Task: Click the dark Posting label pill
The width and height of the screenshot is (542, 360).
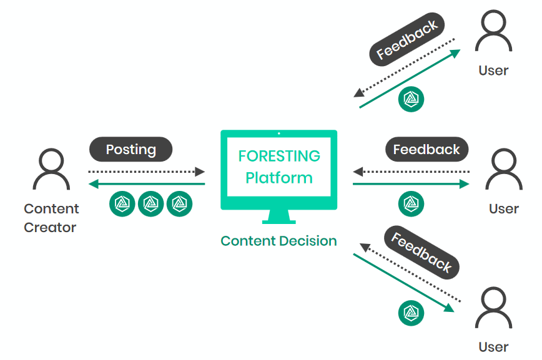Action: pos(131,149)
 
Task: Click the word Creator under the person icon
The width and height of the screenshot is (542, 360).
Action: pos(50,228)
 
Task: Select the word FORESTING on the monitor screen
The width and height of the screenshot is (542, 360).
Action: pos(279,156)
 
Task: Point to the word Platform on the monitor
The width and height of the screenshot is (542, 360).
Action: pos(279,178)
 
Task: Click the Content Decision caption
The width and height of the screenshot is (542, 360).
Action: pos(279,241)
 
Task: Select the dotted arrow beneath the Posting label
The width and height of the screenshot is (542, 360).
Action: pos(146,172)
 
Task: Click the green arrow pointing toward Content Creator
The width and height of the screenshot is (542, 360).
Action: pos(146,184)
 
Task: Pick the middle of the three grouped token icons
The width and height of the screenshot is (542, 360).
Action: pos(150,204)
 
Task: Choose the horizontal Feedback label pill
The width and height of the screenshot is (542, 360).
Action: pos(426,150)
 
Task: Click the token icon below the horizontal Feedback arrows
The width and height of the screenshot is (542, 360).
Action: pos(411,203)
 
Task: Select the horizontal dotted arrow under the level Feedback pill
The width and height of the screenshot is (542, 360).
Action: pos(411,172)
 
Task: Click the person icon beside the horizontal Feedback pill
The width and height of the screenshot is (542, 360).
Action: pos(503,169)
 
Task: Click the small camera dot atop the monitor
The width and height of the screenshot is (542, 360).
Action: pos(279,133)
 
